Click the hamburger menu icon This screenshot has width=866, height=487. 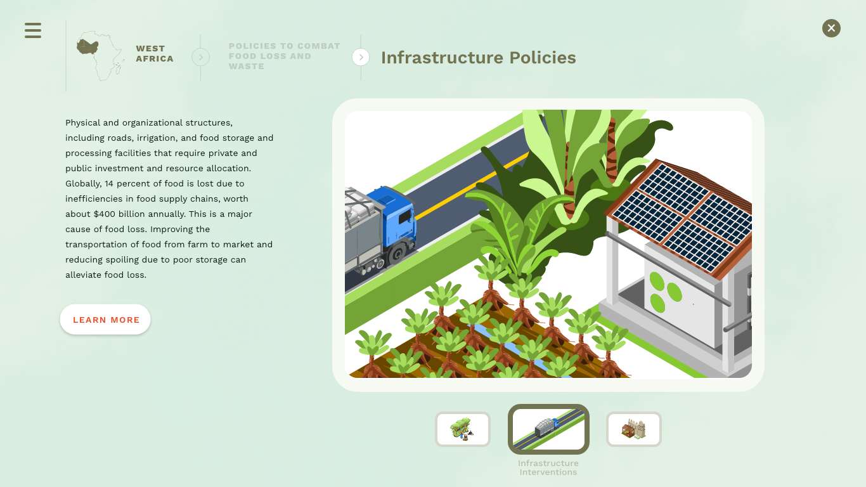coord(33,30)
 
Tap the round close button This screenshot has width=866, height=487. coord(831,29)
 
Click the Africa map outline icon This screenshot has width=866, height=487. coord(100,56)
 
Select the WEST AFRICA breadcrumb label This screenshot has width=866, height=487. coord(155,53)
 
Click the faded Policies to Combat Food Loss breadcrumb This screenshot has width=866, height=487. coord(284,56)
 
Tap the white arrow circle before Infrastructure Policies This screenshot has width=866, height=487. coord(361,57)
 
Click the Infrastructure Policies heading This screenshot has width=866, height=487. coord(479,58)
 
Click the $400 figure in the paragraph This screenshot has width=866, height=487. coord(105,214)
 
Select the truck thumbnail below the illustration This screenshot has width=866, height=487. coord(548,429)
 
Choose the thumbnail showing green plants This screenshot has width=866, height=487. coord(463,429)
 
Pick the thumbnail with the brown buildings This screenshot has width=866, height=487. coord(634,429)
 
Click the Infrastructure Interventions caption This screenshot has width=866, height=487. coord(548,467)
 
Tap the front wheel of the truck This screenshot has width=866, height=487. coord(397,254)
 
